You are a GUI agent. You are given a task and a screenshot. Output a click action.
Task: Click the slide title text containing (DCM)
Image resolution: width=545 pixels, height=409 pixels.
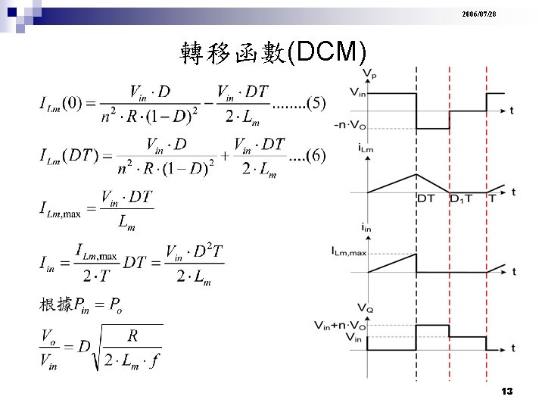(x=273, y=53)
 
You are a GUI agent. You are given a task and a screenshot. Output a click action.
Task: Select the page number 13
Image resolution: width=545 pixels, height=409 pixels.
(x=507, y=391)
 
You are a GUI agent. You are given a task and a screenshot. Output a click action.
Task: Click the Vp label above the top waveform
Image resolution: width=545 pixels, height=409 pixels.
(x=370, y=73)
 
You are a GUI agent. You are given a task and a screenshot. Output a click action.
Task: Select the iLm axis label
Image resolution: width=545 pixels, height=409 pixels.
(x=366, y=149)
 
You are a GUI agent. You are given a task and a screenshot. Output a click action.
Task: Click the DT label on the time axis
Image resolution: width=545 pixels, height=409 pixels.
(x=426, y=198)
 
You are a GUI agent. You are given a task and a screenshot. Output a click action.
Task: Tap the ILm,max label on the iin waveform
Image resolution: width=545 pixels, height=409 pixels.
(x=348, y=251)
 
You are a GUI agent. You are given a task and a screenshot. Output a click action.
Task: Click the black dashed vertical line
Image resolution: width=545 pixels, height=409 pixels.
(x=416, y=227)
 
